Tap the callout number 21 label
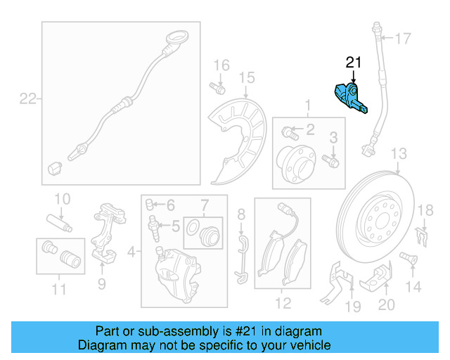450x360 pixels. (353, 63)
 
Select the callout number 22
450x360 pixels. (27, 99)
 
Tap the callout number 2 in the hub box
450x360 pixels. (310, 129)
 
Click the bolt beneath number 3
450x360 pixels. (333, 162)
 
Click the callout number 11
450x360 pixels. (59, 288)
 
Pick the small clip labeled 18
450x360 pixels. (422, 236)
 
